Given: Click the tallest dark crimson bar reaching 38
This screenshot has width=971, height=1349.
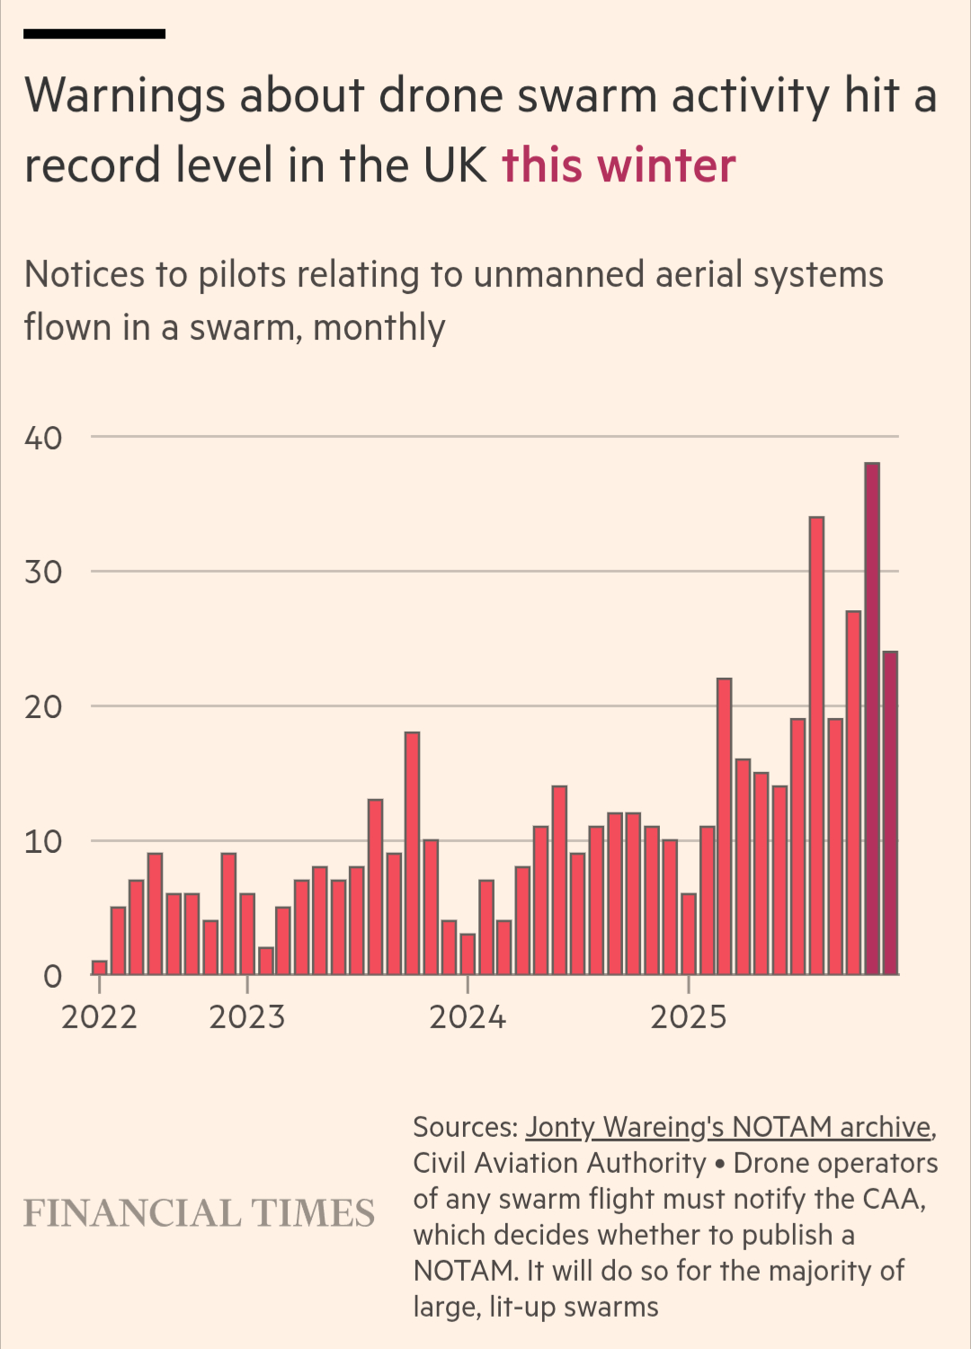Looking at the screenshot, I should (871, 719).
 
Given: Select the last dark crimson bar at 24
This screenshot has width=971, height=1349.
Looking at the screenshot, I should (890, 813).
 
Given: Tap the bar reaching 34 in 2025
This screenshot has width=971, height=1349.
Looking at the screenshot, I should (816, 746).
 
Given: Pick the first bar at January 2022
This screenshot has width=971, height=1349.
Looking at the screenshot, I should (99, 968).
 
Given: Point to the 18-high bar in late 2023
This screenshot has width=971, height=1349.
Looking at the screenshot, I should (412, 854).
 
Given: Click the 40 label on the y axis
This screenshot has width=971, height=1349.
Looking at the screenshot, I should (43, 438).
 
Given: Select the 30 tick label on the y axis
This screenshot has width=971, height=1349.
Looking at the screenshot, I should (43, 572).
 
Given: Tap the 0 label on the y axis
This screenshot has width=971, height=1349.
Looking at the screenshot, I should (53, 976).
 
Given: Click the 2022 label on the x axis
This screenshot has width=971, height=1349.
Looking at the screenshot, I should (99, 1017).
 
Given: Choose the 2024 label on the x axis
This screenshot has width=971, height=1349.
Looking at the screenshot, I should (468, 1017).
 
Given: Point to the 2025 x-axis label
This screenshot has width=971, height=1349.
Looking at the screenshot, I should (688, 1017).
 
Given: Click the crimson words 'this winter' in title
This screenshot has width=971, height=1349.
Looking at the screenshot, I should (619, 165).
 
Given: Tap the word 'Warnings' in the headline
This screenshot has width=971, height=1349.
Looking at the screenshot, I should (125, 95).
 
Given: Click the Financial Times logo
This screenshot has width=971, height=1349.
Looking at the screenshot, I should (199, 1213).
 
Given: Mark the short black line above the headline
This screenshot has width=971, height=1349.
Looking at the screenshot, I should (94, 34).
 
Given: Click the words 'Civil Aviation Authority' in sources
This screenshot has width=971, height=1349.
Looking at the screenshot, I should (559, 1163).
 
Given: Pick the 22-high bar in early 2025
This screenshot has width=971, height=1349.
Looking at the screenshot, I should (724, 827).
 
